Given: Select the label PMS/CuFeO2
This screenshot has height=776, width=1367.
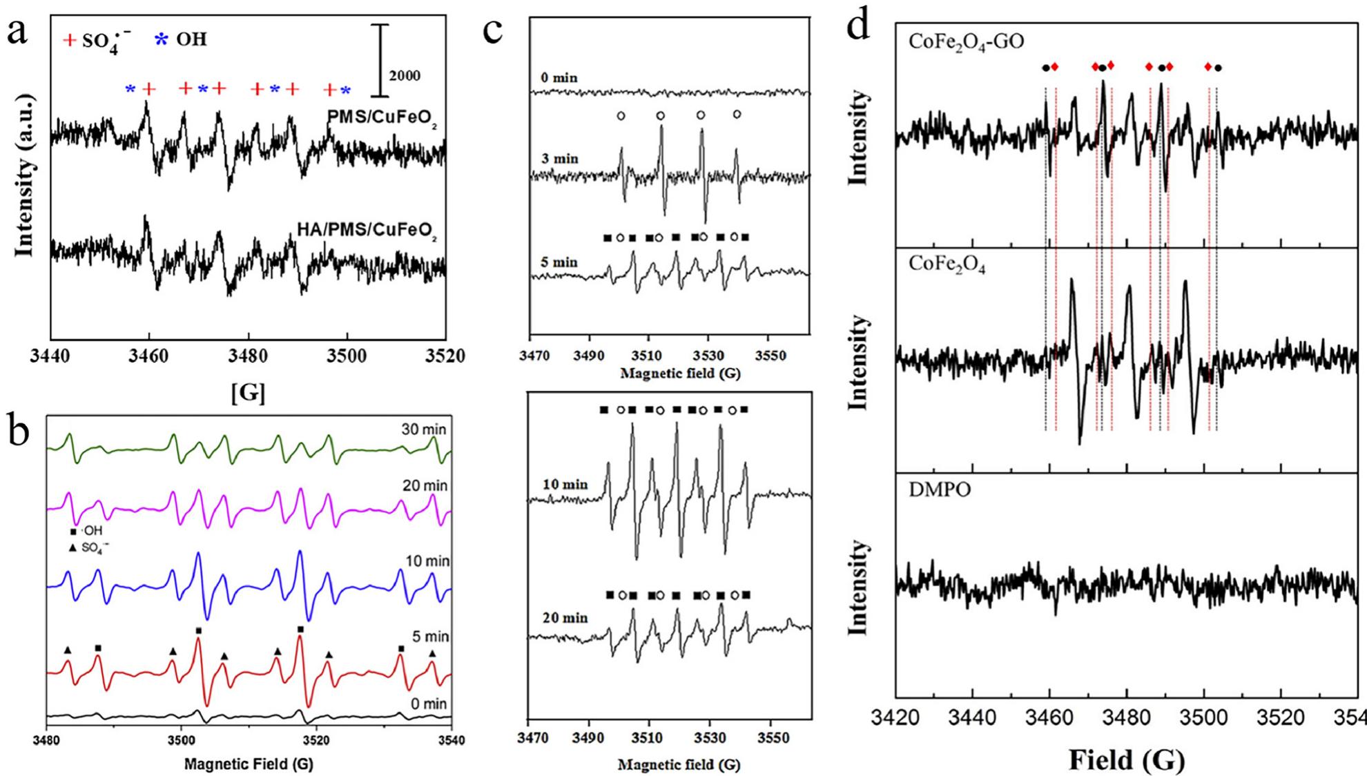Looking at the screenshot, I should pos(382,119).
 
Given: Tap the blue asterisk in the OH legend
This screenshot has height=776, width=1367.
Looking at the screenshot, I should pos(161,39).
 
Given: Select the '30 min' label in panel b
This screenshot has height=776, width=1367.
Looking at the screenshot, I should pos(424,429).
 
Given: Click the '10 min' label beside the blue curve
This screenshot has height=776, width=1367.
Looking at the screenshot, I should pos(427,561).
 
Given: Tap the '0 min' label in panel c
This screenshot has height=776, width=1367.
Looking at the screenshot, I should pos(559,78).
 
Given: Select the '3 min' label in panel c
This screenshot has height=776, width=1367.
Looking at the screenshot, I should pos(559,159).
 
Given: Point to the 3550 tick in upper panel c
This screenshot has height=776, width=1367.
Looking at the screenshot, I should pos(770,356).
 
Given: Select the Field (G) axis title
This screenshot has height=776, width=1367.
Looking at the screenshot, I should pos(1127,759).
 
